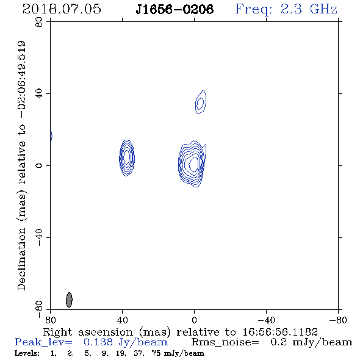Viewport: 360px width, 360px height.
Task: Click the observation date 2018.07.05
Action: [62, 9]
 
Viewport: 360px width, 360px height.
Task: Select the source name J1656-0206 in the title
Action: [175, 9]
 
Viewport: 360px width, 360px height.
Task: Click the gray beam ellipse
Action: [69, 300]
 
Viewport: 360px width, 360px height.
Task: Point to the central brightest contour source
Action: [192, 164]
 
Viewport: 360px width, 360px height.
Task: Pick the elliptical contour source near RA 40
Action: [127, 158]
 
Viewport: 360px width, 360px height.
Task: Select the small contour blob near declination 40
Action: [201, 102]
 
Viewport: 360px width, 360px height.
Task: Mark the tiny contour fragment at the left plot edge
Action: [51, 136]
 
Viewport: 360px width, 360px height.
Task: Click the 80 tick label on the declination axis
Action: [39, 22]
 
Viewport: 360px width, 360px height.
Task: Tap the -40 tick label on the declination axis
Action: [39, 237]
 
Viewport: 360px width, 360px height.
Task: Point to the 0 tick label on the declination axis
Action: [39, 165]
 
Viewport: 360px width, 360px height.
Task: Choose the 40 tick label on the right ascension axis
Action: [122, 320]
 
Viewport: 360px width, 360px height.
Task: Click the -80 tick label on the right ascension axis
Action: [338, 320]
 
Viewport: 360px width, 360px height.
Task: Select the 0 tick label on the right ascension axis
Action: [194, 320]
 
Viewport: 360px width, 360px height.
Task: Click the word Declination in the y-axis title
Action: [21, 259]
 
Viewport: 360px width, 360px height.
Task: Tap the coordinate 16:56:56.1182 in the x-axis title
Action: [280, 332]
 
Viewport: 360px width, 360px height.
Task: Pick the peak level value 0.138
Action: [98, 342]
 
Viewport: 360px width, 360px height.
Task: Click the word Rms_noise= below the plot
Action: [225, 342]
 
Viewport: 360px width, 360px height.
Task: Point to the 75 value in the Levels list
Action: [156, 353]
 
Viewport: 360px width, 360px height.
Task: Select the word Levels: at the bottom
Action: [27, 353]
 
